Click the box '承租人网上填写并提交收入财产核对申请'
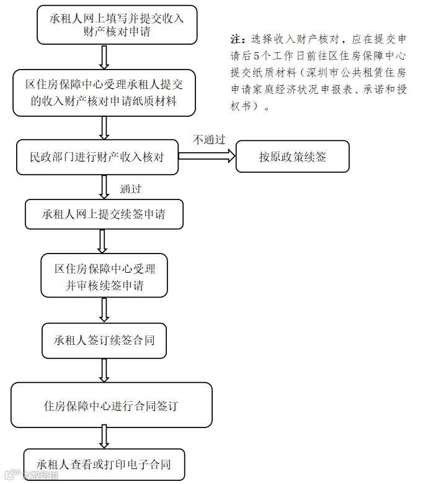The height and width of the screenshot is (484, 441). pos(117,25)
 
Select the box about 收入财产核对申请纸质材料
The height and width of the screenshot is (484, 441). pos(104,93)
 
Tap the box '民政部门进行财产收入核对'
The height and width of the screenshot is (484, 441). pos(98,157)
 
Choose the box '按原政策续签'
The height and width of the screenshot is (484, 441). pos(292,157)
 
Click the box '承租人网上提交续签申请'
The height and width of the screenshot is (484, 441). pos(104,215)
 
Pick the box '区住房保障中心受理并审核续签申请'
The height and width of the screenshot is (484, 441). pos(104,275)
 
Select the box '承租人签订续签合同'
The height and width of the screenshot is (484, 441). pos(104,340)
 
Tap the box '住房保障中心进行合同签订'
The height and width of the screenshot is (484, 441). pos(112,405)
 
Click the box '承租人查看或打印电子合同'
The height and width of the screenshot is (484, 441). pos(104,464)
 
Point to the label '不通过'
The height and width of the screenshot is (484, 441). pos(208,140)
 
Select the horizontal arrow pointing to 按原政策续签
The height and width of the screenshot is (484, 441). pos(207,157)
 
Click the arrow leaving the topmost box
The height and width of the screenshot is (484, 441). pos(104,57)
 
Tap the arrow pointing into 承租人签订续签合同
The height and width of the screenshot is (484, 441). pos(104,310)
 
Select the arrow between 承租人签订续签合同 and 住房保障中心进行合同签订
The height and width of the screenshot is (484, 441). pos(104,370)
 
